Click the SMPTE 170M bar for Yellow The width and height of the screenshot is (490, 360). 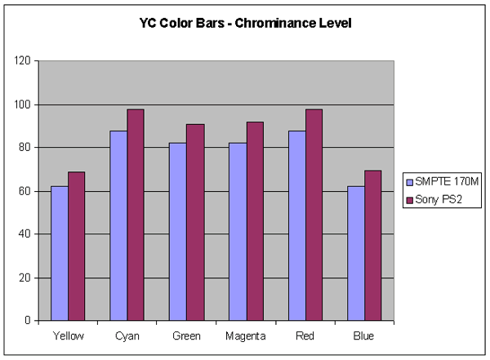59,253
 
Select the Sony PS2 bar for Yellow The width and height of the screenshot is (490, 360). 76,247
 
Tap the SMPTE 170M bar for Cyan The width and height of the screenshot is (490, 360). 118,225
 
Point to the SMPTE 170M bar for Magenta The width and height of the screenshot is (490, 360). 238,232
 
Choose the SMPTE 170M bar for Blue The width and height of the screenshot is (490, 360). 356,253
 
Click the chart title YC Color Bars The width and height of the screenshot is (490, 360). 244,24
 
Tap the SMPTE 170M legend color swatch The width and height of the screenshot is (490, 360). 410,180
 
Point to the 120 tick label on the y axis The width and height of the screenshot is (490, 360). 22,61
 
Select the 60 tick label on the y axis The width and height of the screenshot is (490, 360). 24,191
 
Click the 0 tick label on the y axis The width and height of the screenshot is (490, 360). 28,321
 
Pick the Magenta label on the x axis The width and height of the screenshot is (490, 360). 246,336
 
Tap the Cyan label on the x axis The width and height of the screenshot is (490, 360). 127,336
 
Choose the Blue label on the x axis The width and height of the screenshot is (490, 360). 365,336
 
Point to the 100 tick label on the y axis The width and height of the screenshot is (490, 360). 22,104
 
